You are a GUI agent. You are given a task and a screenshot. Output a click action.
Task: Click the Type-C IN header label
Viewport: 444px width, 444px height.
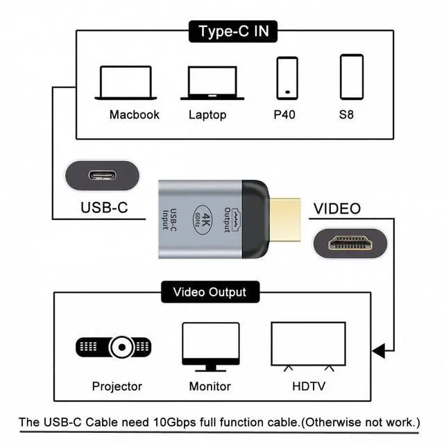pos(234,31)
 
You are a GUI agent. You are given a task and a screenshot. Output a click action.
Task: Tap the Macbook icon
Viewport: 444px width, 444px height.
pos(125,83)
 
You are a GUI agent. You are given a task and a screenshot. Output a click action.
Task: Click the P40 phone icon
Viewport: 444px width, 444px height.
pos(287,77)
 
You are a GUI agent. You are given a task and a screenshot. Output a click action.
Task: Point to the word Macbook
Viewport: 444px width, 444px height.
pos(135,114)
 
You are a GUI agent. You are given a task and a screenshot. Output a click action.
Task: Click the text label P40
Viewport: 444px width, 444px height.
pos(284,114)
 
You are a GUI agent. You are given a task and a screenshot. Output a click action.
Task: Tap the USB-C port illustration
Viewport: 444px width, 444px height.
pos(103,176)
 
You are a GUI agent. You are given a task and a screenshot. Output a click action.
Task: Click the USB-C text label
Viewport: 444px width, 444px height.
pos(104,207)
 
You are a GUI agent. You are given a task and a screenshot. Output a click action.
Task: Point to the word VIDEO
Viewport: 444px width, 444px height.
pos(337,208)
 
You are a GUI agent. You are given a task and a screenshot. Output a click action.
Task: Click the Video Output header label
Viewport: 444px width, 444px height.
pos(209,292)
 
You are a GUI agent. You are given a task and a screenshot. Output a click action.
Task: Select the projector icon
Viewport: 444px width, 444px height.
pos(113,346)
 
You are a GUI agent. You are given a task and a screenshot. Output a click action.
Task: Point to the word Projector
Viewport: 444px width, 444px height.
pos(117,386)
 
